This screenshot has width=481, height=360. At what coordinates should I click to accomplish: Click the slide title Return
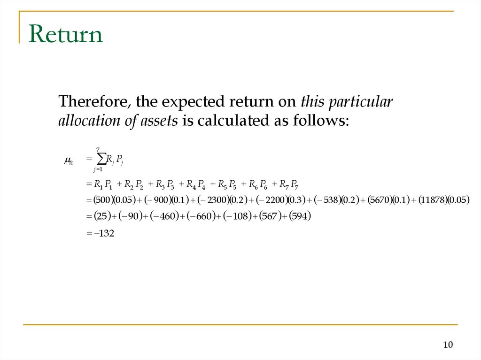click(x=65, y=35)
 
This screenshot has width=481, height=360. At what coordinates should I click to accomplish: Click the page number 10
click(x=448, y=345)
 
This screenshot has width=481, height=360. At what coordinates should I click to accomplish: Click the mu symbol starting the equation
click(x=67, y=161)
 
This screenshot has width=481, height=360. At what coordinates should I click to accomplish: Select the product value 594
click(x=301, y=216)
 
